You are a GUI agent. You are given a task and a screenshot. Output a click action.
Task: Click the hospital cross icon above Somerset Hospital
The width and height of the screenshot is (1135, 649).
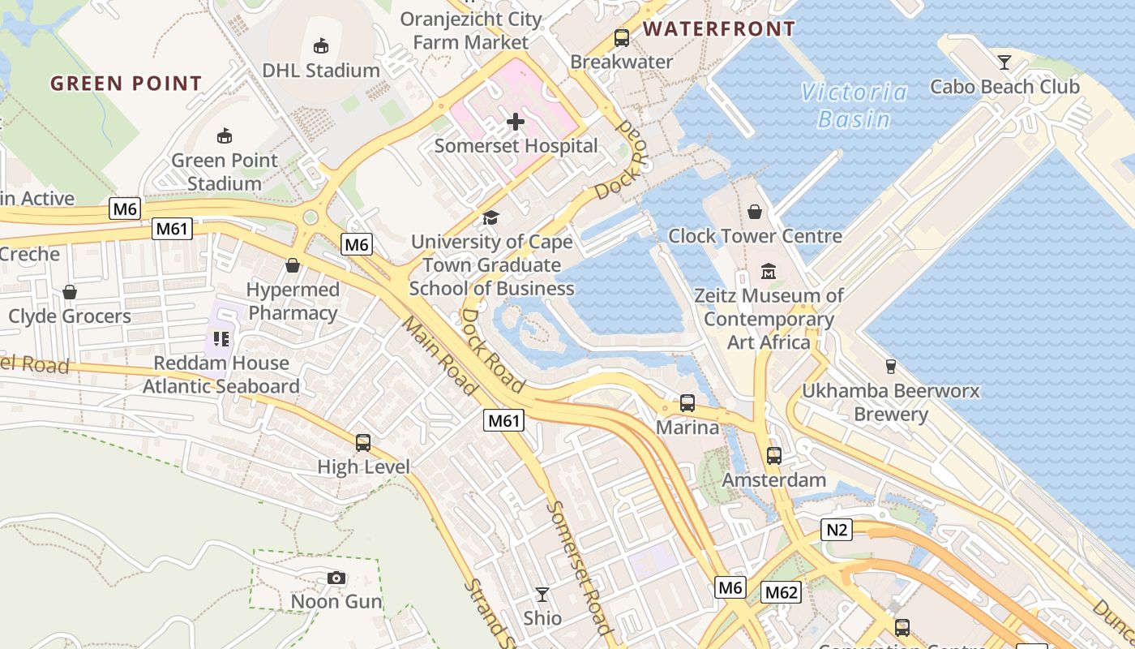pyautogui.click(x=515, y=122)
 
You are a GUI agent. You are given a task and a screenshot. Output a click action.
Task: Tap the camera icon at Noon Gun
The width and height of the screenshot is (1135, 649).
pyautogui.click(x=336, y=578)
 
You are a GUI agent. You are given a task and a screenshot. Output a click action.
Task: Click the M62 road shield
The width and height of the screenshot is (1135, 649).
pyautogui.click(x=782, y=592)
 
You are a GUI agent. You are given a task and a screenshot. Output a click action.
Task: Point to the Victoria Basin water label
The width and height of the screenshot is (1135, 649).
pyautogui.click(x=854, y=105)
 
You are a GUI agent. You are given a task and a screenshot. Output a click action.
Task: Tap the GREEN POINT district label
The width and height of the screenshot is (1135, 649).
pyautogui.click(x=126, y=83)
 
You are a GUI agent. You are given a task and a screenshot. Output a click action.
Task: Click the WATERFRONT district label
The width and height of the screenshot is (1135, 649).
pyautogui.click(x=719, y=29)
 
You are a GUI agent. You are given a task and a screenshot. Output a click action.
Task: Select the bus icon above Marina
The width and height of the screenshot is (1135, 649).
pyautogui.click(x=687, y=402)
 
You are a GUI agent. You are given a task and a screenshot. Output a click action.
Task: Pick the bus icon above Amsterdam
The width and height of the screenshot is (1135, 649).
pyautogui.click(x=774, y=456)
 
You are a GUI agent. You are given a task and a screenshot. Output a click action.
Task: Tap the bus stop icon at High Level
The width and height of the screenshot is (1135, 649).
pyautogui.click(x=363, y=443)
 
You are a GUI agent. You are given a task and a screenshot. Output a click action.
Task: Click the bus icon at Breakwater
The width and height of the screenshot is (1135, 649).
pyautogui.click(x=622, y=38)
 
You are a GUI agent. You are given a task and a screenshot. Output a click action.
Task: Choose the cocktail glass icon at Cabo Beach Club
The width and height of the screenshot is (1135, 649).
pyautogui.click(x=1004, y=62)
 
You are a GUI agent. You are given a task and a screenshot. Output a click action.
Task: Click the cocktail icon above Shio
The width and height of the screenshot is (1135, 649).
pyautogui.click(x=542, y=595)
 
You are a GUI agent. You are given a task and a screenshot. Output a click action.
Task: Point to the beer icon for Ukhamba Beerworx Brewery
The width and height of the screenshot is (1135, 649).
pyautogui.click(x=890, y=367)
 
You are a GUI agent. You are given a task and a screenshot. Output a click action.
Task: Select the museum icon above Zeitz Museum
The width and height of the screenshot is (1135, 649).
pyautogui.click(x=769, y=271)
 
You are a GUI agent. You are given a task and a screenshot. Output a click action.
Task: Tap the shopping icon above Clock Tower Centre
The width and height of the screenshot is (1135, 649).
pyautogui.click(x=755, y=212)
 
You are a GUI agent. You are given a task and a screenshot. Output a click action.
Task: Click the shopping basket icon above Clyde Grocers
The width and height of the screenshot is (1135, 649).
pyautogui.click(x=70, y=292)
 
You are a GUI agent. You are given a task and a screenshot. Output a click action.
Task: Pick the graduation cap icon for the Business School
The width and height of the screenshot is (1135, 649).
pyautogui.click(x=490, y=217)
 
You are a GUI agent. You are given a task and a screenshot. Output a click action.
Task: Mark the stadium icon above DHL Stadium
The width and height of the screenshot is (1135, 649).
pyautogui.click(x=321, y=45)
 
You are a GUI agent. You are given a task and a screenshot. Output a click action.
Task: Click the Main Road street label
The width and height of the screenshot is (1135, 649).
pyautogui.click(x=439, y=355)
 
